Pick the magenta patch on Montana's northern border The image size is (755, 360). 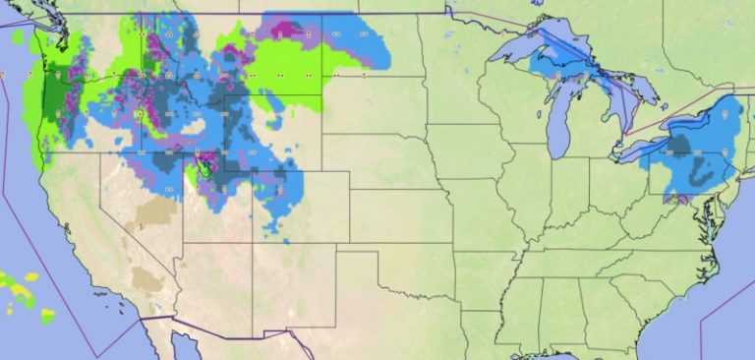point(286,30)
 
